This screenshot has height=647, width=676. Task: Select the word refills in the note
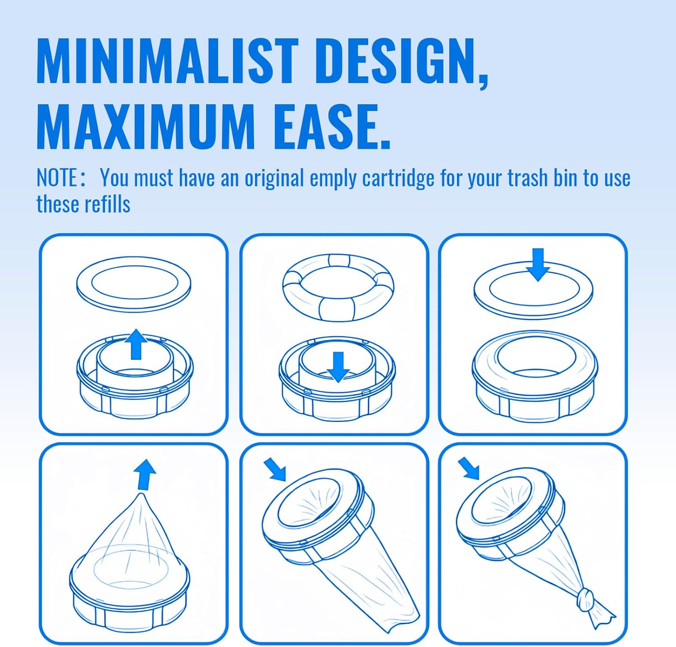tap(107, 204)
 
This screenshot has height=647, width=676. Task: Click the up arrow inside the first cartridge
tap(136, 344)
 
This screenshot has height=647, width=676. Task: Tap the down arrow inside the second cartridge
tap(338, 367)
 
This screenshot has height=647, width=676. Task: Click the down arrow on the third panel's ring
tap(538, 264)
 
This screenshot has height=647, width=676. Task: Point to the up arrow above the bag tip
tap(145, 474)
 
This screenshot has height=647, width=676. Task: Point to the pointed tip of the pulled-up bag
tap(142, 495)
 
